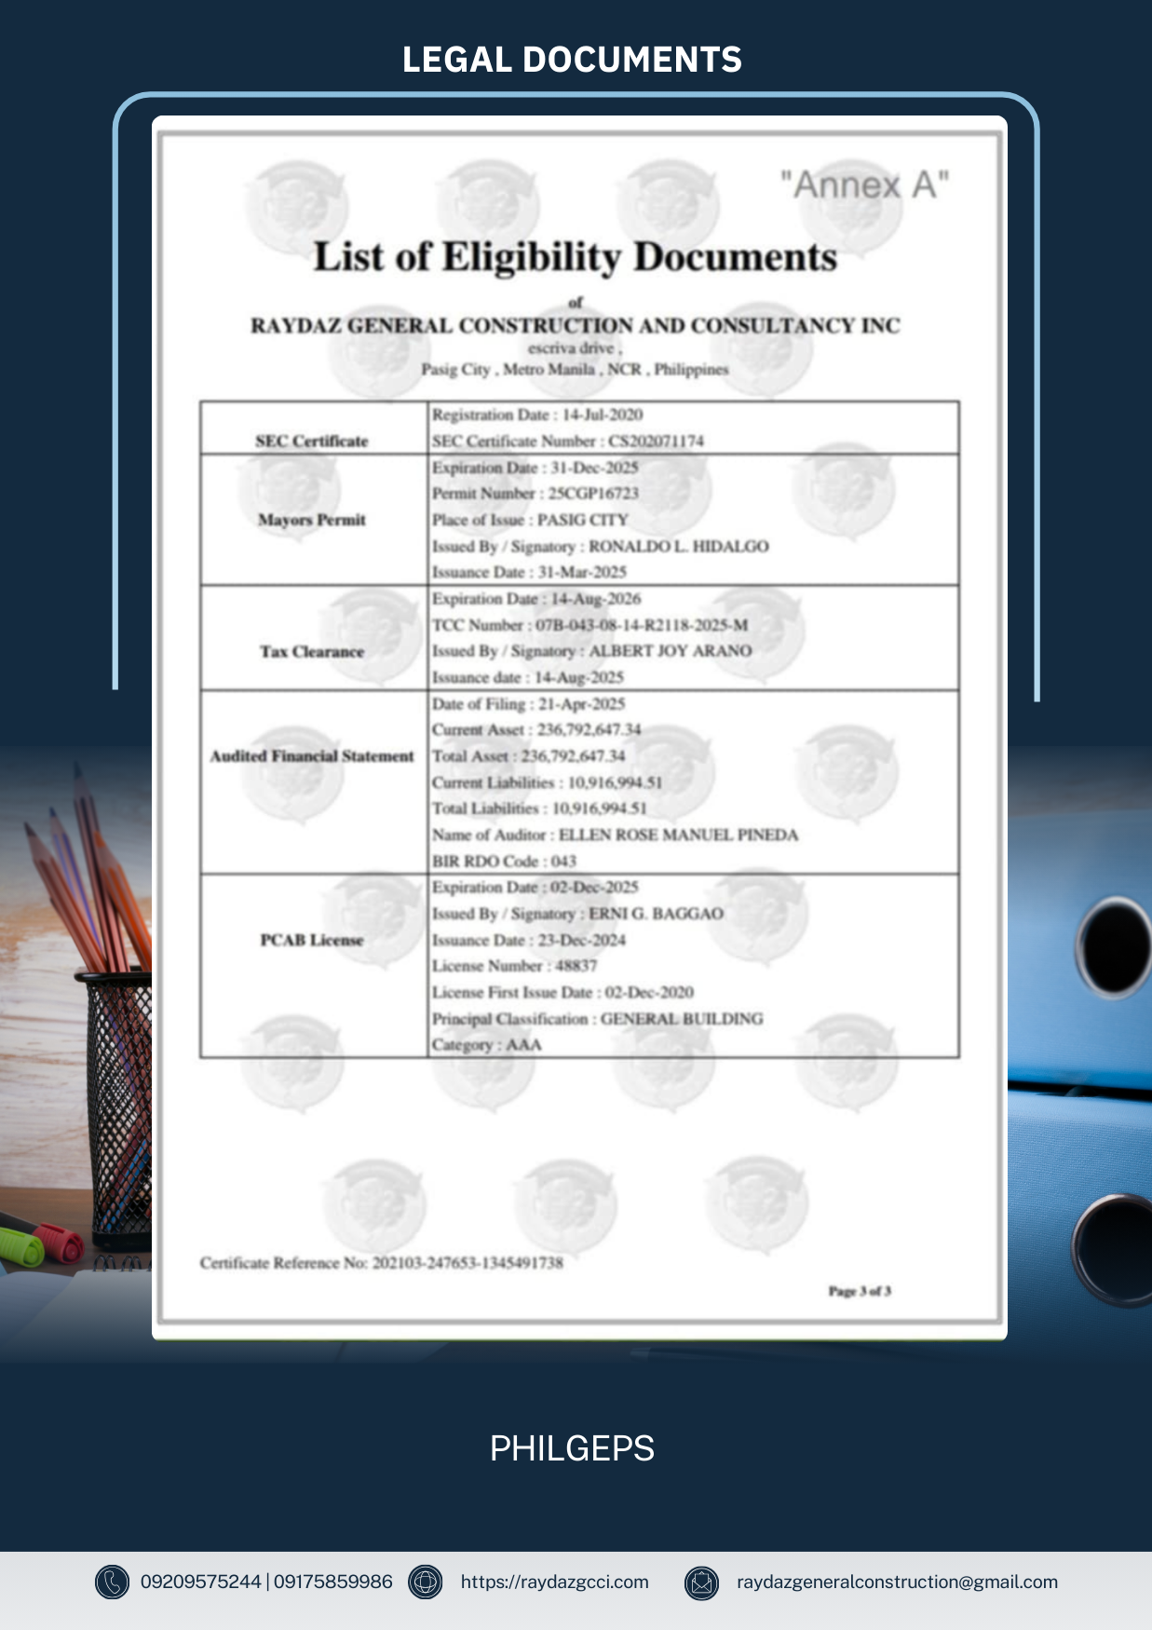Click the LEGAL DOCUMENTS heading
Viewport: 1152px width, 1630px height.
(572, 60)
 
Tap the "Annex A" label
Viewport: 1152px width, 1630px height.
(864, 184)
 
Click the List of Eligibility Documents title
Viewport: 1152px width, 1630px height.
(575, 257)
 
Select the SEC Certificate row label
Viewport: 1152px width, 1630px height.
(312, 441)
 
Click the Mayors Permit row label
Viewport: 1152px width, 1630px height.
(312, 520)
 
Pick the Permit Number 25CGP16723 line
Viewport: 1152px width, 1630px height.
(535, 493)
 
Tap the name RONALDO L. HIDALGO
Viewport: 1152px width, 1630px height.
(678, 546)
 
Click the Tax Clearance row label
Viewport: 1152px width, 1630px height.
(312, 651)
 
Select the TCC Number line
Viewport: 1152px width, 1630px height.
(589, 625)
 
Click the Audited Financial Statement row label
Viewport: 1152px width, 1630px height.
(312, 755)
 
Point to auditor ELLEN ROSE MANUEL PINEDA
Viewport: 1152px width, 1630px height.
(678, 835)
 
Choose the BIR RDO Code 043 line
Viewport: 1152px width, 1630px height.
(504, 861)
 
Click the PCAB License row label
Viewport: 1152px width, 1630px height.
(312, 940)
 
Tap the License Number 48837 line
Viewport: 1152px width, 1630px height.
(514, 966)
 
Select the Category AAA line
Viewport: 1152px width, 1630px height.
(486, 1044)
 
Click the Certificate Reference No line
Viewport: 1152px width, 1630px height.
(381, 1263)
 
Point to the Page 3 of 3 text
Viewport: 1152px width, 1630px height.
(859, 1291)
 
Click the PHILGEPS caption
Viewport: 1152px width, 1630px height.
(572, 1448)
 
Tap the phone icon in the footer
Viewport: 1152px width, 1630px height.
(112, 1582)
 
